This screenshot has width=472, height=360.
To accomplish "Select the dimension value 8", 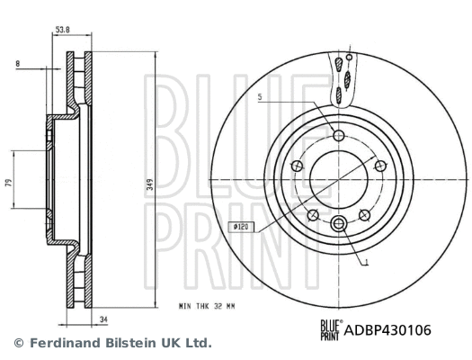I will [x=18, y=63].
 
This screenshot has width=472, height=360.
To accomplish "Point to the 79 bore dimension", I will [x=7, y=182].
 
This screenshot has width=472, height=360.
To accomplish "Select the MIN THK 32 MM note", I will [x=208, y=308].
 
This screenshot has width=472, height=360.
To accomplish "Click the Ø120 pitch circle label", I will [x=240, y=228].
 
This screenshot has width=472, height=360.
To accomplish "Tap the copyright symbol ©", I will [x=18, y=343].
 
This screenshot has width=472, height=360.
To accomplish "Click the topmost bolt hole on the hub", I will [x=339, y=136].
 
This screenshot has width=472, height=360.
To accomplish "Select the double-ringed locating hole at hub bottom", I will [x=339, y=225].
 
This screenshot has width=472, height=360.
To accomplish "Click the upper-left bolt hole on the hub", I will [x=296, y=166].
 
